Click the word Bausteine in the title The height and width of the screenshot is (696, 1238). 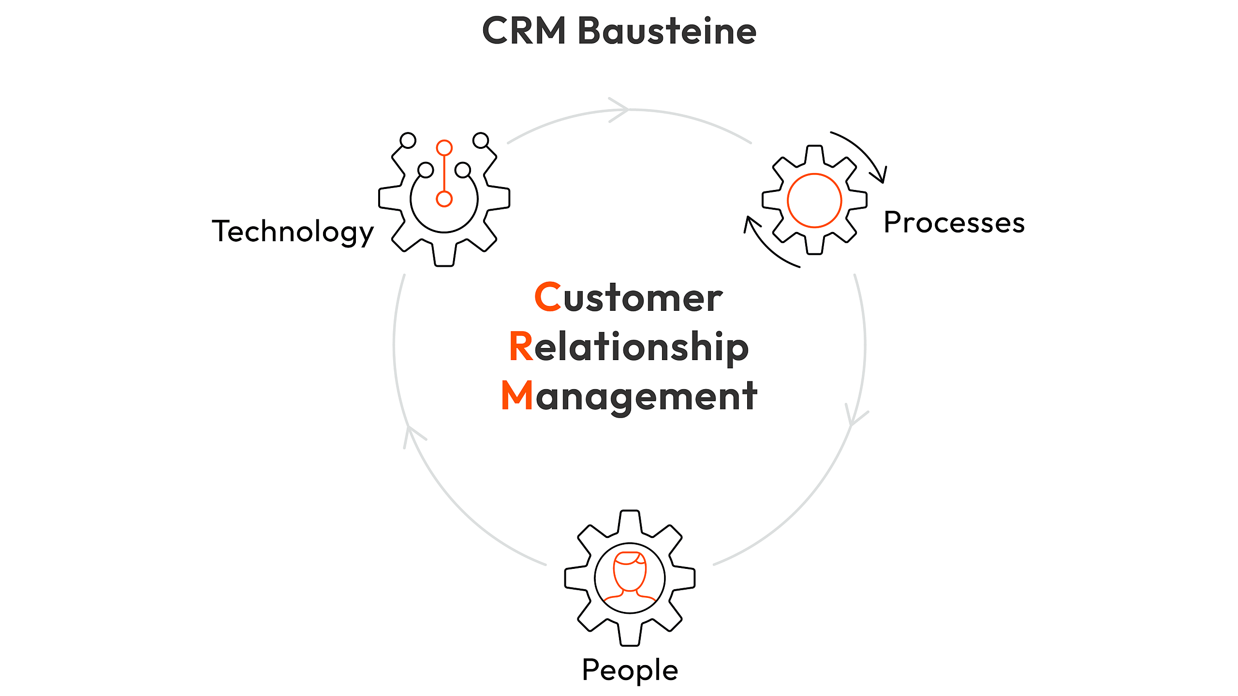(x=667, y=31)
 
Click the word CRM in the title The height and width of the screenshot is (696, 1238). (x=524, y=31)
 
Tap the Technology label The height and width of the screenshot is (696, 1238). (x=293, y=232)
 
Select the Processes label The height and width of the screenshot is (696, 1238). (x=954, y=223)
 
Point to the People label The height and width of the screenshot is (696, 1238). (x=630, y=670)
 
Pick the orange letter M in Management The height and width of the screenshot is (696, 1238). (x=516, y=395)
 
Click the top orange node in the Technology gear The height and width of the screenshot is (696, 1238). (x=444, y=148)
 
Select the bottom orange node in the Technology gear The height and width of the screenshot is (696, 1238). (x=444, y=199)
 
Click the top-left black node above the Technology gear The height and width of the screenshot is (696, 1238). (x=408, y=140)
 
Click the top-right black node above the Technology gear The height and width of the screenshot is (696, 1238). (x=481, y=140)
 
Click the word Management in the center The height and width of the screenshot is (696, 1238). (x=629, y=396)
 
